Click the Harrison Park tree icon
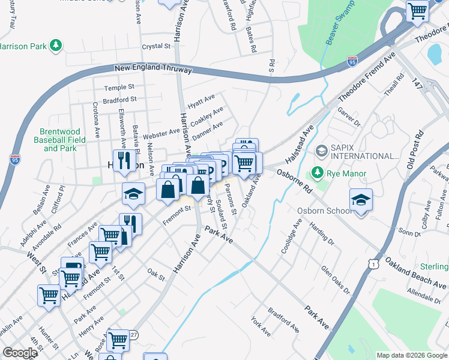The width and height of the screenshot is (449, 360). (x=55, y=46)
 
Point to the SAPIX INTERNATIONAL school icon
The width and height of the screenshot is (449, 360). (x=322, y=149)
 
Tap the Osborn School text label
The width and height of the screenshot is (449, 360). (x=325, y=211)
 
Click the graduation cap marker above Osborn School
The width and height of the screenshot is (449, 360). (x=361, y=200)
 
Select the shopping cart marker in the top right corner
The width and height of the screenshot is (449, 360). (x=417, y=10)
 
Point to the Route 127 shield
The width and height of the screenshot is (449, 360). (x=133, y=335)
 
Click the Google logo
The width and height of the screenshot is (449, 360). (x=20, y=353)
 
